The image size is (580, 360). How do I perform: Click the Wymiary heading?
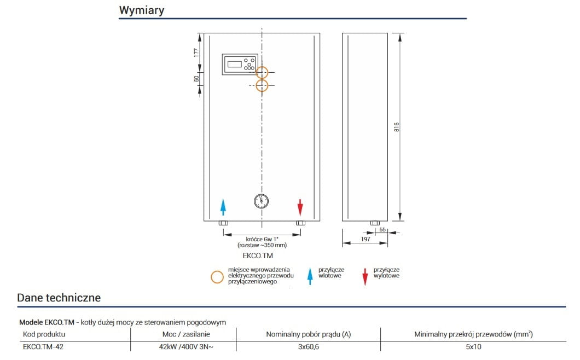141,10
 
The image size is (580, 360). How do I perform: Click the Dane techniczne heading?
59,298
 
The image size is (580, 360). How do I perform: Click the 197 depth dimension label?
366,239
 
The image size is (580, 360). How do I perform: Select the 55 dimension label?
383,230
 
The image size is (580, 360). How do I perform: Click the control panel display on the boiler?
235,65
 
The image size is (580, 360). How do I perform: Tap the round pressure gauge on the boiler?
262,201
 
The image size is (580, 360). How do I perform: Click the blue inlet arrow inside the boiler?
223,207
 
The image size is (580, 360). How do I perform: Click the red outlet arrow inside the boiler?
300,207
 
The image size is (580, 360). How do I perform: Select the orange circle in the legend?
217,276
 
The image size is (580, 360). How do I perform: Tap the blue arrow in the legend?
310,276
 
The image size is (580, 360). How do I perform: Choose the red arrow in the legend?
365,276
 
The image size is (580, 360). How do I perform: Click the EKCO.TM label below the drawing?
257,256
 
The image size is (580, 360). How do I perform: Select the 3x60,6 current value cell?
308,346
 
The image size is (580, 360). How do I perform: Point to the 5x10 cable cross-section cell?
473,346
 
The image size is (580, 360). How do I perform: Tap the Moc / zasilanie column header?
183,334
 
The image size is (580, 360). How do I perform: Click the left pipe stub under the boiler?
223,223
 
